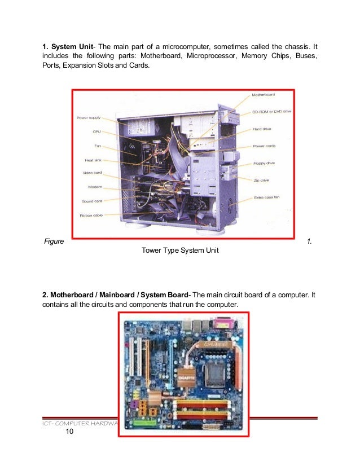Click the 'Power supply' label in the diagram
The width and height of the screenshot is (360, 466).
(89, 118)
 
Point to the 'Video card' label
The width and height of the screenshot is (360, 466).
(92, 173)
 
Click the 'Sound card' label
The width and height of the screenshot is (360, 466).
(92, 201)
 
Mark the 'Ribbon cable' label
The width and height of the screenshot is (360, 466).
(91, 215)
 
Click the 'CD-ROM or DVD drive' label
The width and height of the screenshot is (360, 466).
(271, 112)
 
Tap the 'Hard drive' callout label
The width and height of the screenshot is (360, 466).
(263, 129)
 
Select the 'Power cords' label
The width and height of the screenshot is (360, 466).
(264, 146)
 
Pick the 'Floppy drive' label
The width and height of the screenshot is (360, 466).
(264, 162)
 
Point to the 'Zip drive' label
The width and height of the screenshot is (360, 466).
(261, 180)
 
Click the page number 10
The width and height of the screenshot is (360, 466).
(69, 432)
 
